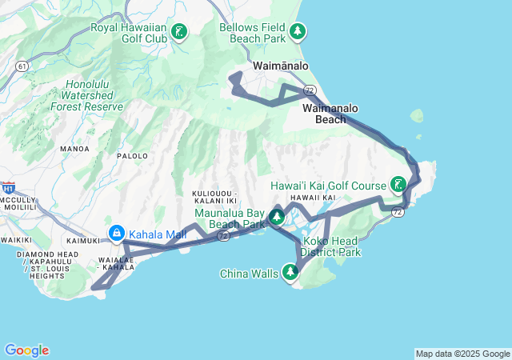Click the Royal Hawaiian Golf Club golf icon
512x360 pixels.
pyautogui.click(x=181, y=33)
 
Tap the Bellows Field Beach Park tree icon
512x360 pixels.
pyautogui.click(x=298, y=32)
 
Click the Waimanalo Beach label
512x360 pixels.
pyautogui.click(x=330, y=114)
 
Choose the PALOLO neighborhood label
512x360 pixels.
pyautogui.click(x=133, y=156)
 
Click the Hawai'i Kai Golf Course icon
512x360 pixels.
pyautogui.click(x=397, y=186)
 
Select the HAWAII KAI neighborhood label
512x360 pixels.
pyautogui.click(x=312, y=198)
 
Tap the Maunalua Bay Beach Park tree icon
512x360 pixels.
pyautogui.click(x=277, y=217)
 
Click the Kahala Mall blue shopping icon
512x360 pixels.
pyautogui.click(x=117, y=234)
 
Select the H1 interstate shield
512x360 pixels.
pyautogui.click(x=8, y=189)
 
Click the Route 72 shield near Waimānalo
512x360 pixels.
pyautogui.click(x=309, y=90)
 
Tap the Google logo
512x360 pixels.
pyautogui.click(x=26, y=350)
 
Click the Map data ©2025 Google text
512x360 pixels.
pyautogui.click(x=462, y=354)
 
